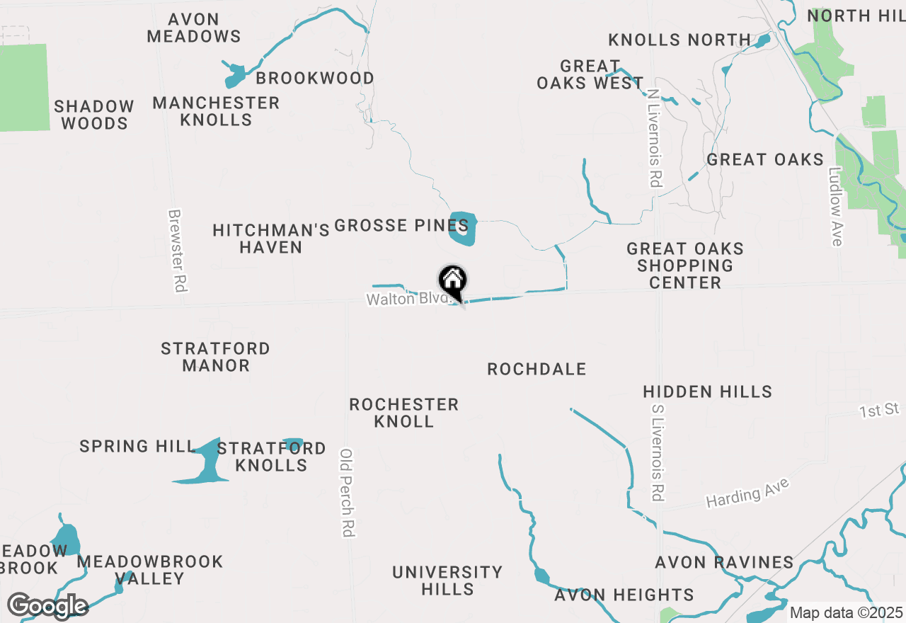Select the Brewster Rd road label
(176, 251)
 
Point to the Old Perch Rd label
(347, 493)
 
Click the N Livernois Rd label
(653, 139)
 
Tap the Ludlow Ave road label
(837, 206)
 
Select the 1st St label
(879, 410)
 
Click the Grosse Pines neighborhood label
(401, 226)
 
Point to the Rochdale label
(537, 369)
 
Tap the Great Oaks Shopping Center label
(684, 265)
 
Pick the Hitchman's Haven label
(271, 239)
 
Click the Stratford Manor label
(215, 357)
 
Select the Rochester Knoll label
(404, 413)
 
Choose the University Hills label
(447, 580)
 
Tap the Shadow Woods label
(94, 115)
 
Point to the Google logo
(47, 606)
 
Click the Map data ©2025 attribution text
(846, 612)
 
